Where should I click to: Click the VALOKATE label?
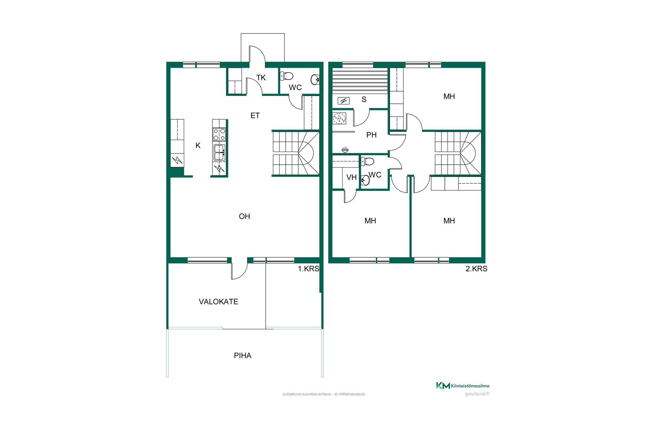click(x=218, y=302)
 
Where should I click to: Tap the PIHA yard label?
click(x=242, y=356)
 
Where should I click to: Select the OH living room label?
click(x=244, y=216)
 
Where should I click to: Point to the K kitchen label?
click(x=198, y=145)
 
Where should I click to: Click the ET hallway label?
click(x=255, y=116)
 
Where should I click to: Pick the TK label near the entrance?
click(x=261, y=78)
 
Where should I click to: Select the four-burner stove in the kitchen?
click(x=219, y=134)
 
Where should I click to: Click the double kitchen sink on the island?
click(x=219, y=152)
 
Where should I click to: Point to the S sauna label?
click(x=364, y=99)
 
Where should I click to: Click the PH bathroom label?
click(x=371, y=135)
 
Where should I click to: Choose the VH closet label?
click(x=351, y=177)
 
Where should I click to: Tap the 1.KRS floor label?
click(x=308, y=269)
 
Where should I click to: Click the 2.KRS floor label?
click(x=476, y=269)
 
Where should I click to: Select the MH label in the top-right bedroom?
click(x=449, y=96)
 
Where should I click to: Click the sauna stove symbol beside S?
click(x=344, y=100)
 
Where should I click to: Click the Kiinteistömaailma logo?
click(x=462, y=386)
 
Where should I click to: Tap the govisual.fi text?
click(x=477, y=394)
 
